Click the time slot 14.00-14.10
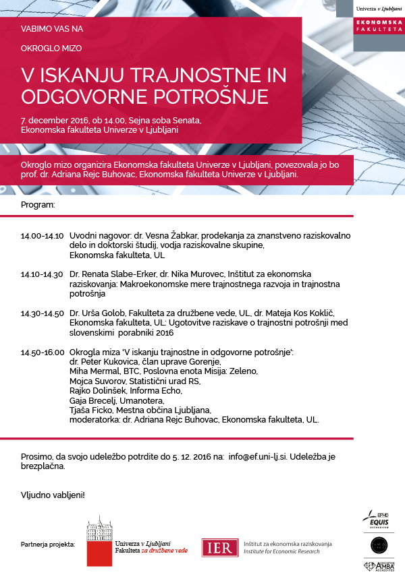pyautogui.click(x=42, y=237)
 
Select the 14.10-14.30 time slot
pyautogui.click(x=42, y=274)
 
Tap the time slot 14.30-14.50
pyautogui.click(x=42, y=313)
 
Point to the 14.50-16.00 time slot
pyautogui.click(x=42, y=352)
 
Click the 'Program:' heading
pyautogui.click(x=38, y=204)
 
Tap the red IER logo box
pyautogui.click(x=218, y=547)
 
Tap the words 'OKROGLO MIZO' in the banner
pyautogui.click(x=51, y=49)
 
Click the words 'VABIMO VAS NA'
pyautogui.click(x=52, y=29)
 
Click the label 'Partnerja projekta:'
pyautogui.click(x=48, y=543)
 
